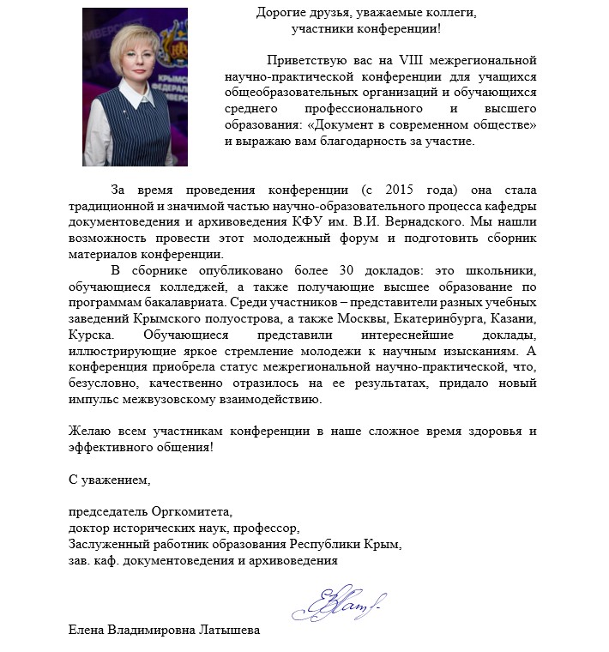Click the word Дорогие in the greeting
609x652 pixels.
(x=282, y=13)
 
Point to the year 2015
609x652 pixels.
(x=406, y=190)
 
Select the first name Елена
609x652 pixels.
(x=87, y=631)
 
